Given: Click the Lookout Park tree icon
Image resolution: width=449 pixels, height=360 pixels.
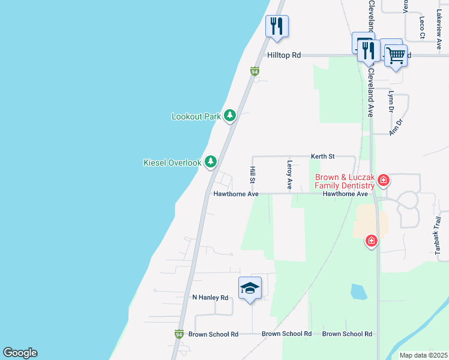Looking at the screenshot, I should pos(229,115).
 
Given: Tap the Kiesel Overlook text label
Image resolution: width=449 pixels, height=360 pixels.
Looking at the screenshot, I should pos(172,163).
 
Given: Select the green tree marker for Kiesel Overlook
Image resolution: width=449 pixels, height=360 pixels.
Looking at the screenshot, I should pos(210,161).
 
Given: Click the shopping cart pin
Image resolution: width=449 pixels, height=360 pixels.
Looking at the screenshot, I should pos(396,56).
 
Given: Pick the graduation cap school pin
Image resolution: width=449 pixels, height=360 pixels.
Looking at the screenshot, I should pos(250,289).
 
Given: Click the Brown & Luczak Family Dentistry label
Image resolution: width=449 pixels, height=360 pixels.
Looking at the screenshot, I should pos(345,181).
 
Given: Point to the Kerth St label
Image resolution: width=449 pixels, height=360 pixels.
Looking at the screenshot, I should pos(322,156).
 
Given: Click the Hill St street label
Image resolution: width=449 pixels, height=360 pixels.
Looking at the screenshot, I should pos(253,176).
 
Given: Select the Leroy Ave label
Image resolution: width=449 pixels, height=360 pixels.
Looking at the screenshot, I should pos(289,175).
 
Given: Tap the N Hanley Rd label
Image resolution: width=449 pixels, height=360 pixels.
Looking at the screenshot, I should pos(210,297).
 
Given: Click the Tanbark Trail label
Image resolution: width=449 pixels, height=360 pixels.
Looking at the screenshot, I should pos(437,236).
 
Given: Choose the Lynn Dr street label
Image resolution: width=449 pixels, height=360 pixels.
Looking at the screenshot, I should pos(391,102).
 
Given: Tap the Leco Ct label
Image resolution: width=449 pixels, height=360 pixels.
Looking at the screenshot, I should pos(422,28).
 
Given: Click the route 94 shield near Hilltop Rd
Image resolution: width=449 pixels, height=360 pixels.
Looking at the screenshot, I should pos(255,71).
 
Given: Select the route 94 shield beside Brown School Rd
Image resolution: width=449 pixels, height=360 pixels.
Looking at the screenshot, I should pos(179,334).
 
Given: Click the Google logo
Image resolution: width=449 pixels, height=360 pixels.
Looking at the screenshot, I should pos(20,353).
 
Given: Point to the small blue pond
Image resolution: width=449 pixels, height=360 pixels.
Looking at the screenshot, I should pos(358,292).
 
